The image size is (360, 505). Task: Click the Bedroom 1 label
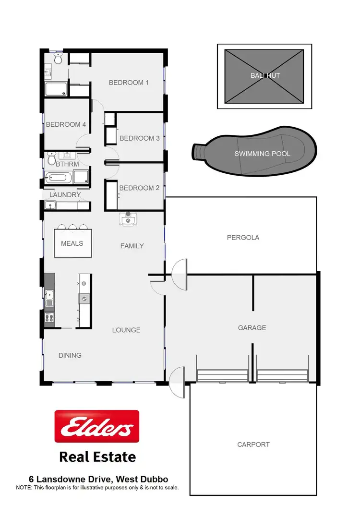point(129,83)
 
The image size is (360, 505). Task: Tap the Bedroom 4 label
point(66,124)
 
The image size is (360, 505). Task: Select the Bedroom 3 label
point(139,138)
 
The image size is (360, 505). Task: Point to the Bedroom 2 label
point(139,188)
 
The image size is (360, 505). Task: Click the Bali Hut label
point(264,75)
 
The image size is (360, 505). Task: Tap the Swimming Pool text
point(262,154)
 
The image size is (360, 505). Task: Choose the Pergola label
point(243,238)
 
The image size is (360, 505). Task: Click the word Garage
point(252,328)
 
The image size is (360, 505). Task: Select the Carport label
point(253,445)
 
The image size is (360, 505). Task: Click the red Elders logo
point(97,426)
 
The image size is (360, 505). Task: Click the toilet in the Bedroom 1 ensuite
point(58,59)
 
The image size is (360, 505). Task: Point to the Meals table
point(72,243)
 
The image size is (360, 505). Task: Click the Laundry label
point(65,195)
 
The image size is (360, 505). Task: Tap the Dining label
point(70,356)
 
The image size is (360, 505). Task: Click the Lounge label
point(126,330)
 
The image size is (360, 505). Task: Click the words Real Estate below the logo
point(97,457)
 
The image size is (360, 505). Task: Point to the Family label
point(132,246)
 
